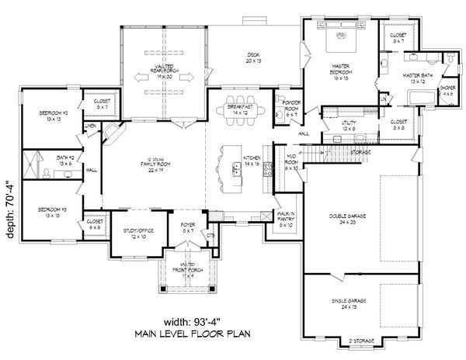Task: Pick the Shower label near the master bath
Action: click(x=448, y=91)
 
